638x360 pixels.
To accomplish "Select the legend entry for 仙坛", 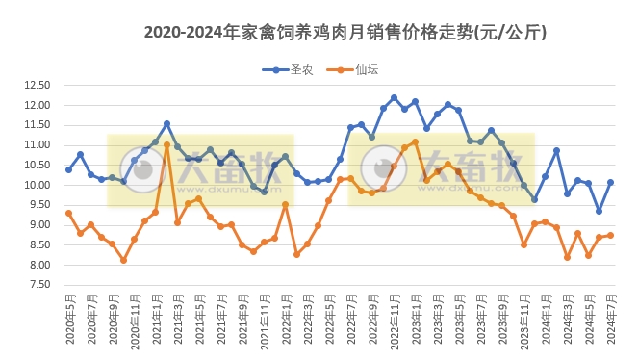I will pyautogui.click(x=354, y=69).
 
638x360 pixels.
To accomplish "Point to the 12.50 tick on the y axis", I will pyautogui.click(x=37, y=84).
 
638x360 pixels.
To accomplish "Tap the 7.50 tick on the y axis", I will pyautogui.click(x=37, y=285).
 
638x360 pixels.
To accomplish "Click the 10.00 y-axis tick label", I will pyautogui.click(x=37, y=185).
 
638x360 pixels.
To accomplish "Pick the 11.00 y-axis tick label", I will pyautogui.click(x=37, y=144).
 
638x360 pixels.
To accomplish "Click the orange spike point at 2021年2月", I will pyautogui.click(x=166, y=144).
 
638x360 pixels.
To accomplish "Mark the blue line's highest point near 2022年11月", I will pyautogui.click(x=394, y=97).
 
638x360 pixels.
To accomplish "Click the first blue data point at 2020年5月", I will pyautogui.click(x=68, y=169).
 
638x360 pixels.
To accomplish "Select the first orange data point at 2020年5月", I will pyautogui.click(x=68, y=213).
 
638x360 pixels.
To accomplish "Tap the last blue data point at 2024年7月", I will pyautogui.click(x=610, y=182).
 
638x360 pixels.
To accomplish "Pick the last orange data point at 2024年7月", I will pyautogui.click(x=610, y=235).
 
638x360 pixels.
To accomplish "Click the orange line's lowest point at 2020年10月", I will pyautogui.click(x=123, y=260).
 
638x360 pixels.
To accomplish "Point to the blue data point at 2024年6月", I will pyautogui.click(x=599, y=211).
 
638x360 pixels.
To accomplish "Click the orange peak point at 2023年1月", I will pyautogui.click(x=415, y=141).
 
